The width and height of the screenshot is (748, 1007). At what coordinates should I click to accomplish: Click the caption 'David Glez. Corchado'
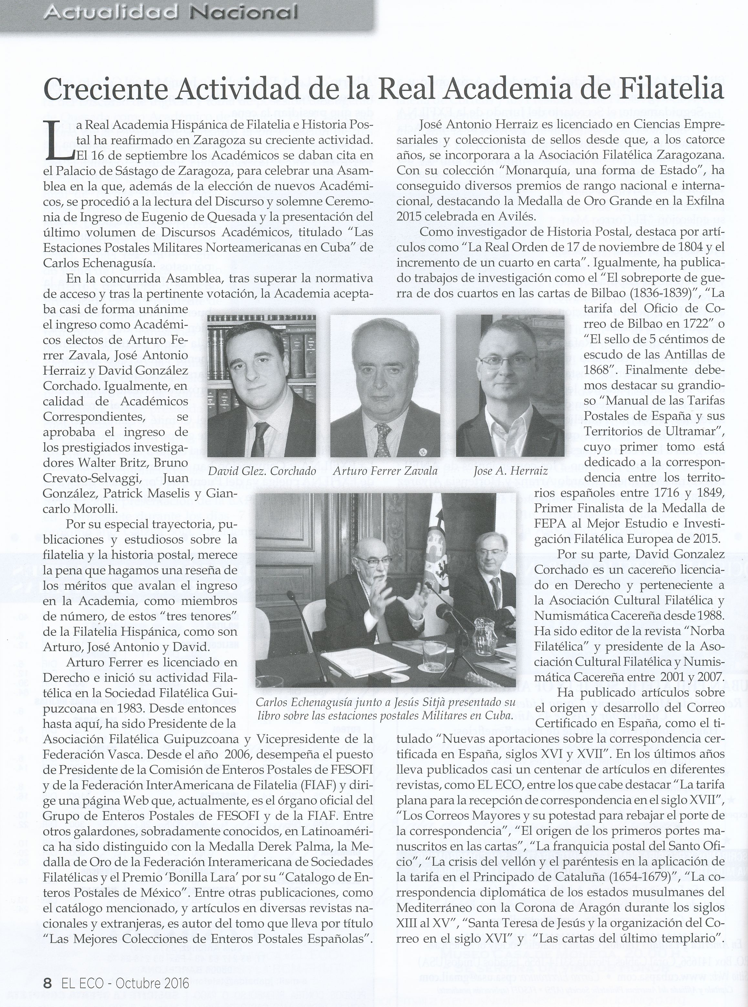(261, 471)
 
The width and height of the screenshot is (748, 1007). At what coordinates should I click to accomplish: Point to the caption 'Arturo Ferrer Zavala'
(385, 471)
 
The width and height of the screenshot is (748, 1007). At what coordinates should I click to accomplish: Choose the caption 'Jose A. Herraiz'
(510, 471)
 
